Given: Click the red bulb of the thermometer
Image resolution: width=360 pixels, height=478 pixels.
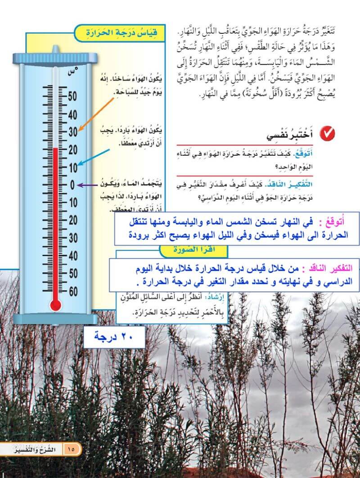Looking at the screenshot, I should [55, 305].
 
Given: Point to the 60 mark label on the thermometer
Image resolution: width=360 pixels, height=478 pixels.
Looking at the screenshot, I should [72, 291].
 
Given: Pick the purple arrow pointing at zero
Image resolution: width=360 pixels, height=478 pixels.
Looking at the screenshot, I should [88, 185].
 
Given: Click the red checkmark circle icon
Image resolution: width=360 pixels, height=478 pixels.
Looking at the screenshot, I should [327, 133].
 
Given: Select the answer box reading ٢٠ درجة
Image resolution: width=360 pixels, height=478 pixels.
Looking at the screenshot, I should [114, 337].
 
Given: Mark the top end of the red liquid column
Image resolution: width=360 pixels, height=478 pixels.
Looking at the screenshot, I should [56, 148].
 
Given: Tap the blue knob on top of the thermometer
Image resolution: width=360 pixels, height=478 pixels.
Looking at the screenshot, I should [55, 49].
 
